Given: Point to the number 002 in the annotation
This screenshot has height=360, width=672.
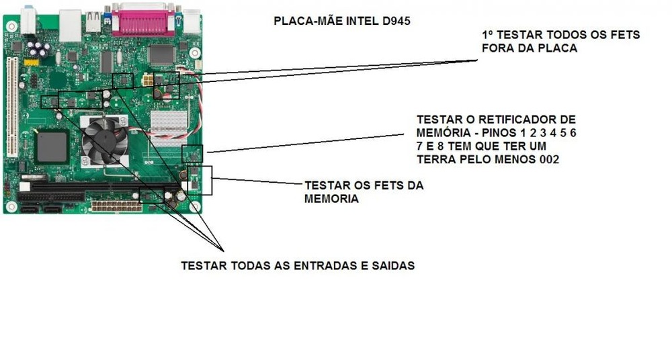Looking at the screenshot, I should pos(548,159).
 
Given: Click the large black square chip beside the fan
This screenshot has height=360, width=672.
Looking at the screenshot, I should pos(52,146).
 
